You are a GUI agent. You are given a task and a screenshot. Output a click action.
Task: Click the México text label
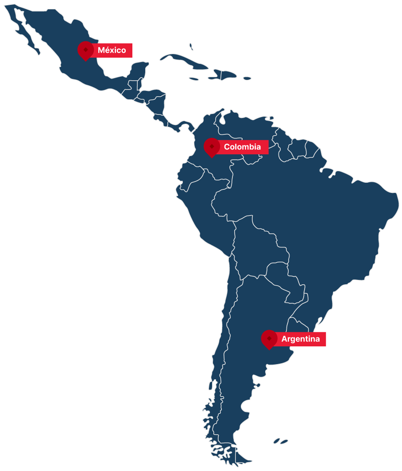pos(112,50)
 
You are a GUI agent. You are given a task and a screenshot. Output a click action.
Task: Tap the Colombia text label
pos(242,147)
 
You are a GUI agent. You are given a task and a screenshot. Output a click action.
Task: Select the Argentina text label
pos(300,339)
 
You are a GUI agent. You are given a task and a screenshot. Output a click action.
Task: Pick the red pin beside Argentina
pos(269,339)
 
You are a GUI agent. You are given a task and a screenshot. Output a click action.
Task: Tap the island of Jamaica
pos(194,79)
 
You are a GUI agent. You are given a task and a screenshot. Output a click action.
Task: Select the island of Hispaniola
pos(224,74)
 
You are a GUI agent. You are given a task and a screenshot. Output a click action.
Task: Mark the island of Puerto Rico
pos(247,78)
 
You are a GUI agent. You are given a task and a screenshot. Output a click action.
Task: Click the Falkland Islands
pos(281,441)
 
